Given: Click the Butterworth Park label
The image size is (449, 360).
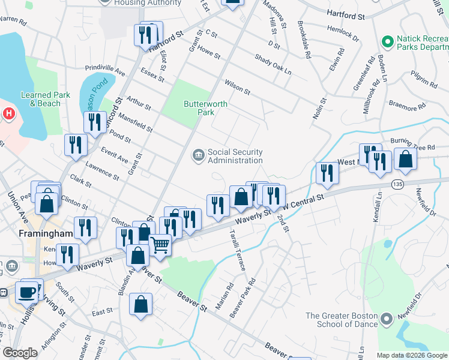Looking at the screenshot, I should (205, 108).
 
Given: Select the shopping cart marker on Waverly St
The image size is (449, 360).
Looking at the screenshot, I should (160, 244).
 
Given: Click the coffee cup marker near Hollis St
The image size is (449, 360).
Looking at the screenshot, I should (27, 292).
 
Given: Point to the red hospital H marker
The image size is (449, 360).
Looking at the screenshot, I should (8, 113).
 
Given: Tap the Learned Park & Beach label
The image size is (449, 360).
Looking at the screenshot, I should (45, 99).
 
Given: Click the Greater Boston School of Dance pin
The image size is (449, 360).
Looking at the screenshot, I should (387, 317).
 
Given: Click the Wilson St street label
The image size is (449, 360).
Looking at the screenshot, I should (237, 86).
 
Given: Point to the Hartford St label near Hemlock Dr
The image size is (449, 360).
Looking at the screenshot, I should (346, 13).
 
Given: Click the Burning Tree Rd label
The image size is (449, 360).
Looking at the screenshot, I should (412, 144).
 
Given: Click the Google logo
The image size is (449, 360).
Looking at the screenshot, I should (20, 353).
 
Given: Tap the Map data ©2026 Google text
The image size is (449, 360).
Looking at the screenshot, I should (412, 355).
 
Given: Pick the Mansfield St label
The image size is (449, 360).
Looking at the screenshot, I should (135, 122).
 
